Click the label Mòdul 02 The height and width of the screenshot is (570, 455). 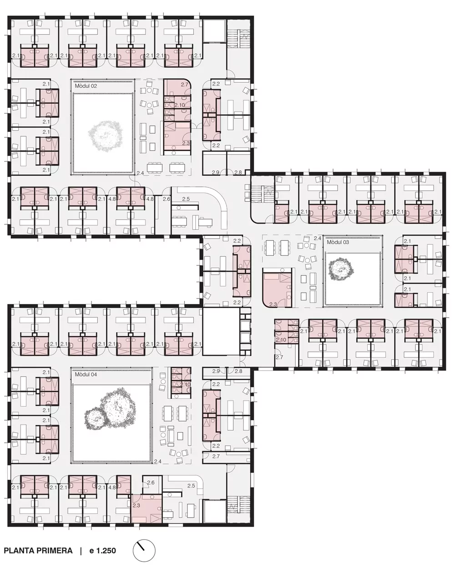click(x=86, y=86)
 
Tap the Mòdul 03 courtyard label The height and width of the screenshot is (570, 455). click(x=338, y=242)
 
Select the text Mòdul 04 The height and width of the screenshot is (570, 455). click(x=86, y=375)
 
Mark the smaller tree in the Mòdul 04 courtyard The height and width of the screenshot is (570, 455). click(x=95, y=419)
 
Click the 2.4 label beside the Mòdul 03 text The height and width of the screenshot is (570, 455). click(x=317, y=239)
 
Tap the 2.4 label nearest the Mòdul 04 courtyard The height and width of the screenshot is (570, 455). click(x=157, y=461)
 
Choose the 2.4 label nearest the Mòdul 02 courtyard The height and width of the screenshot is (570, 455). click(x=140, y=173)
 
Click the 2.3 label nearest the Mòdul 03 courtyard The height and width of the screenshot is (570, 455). click(x=273, y=305)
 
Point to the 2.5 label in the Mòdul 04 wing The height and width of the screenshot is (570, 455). click(x=191, y=486)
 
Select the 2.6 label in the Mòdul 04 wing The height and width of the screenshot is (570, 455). click(x=151, y=483)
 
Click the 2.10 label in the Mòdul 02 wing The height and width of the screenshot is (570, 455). click(x=179, y=105)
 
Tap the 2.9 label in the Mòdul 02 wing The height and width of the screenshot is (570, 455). click(x=216, y=173)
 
